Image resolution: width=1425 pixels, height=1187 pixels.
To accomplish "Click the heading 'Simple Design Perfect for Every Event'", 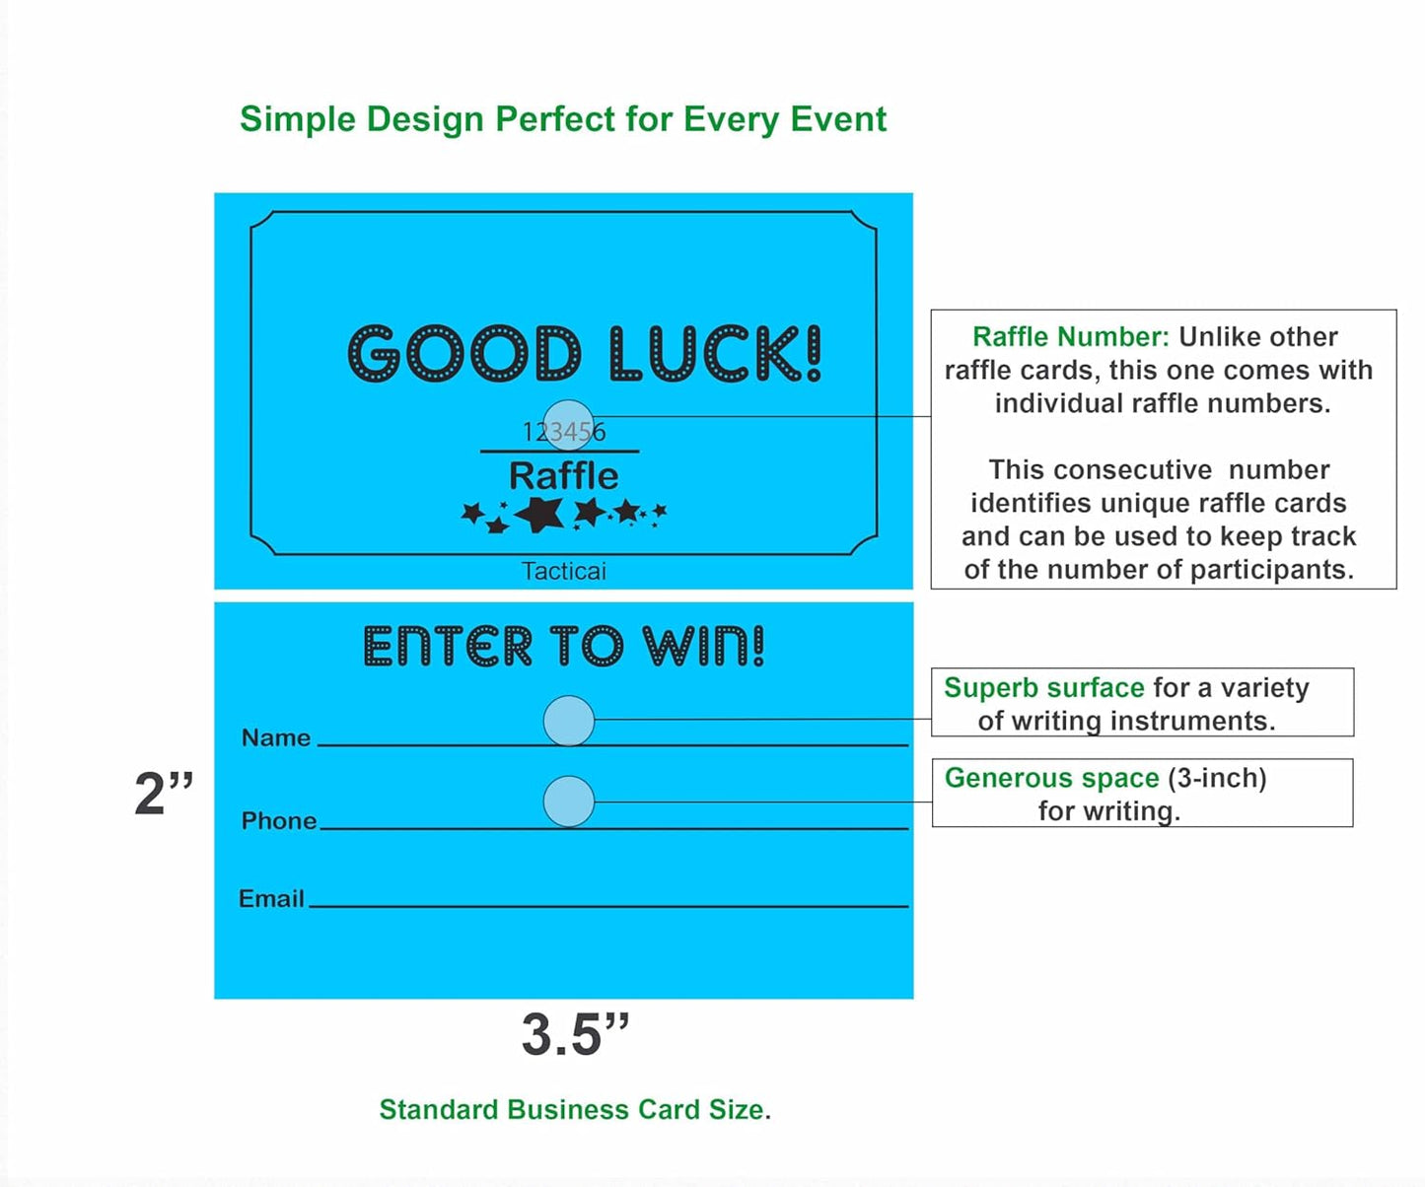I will click(x=563, y=119).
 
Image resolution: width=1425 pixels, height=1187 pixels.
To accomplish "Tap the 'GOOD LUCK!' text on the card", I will click(x=585, y=354).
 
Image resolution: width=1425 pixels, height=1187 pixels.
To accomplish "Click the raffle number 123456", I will click(x=564, y=432).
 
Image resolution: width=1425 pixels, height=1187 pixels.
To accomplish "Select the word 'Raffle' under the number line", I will click(x=563, y=476).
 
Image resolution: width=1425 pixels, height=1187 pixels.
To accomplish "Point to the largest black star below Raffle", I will click(x=540, y=514).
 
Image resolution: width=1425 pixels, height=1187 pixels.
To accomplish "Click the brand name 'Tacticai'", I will click(x=563, y=571).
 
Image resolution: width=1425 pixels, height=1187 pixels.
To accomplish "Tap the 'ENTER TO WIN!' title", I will click(x=563, y=647).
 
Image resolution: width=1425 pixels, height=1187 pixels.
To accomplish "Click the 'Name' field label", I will click(x=275, y=737).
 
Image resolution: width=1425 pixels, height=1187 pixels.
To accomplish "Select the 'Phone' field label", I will click(x=279, y=820).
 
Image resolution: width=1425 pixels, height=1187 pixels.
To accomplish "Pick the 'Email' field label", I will click(x=271, y=898).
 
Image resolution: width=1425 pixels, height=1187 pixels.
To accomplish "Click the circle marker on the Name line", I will click(x=569, y=721).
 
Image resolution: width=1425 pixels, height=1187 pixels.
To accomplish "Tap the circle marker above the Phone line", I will click(x=569, y=802).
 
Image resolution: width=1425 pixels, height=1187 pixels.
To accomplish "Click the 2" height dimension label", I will click(x=164, y=794).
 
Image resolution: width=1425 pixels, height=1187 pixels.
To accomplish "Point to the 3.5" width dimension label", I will click(x=575, y=1035).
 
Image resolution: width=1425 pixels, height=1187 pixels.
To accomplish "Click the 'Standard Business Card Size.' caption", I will click(x=575, y=1109).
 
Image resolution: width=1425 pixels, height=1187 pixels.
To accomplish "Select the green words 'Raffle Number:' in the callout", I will click(x=1070, y=337).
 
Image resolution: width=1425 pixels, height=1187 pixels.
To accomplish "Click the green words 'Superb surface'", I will click(x=1043, y=687).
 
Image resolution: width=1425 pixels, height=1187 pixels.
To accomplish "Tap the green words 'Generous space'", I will click(x=1051, y=778).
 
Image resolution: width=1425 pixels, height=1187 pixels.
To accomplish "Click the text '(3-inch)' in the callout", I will click(x=1217, y=778).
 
